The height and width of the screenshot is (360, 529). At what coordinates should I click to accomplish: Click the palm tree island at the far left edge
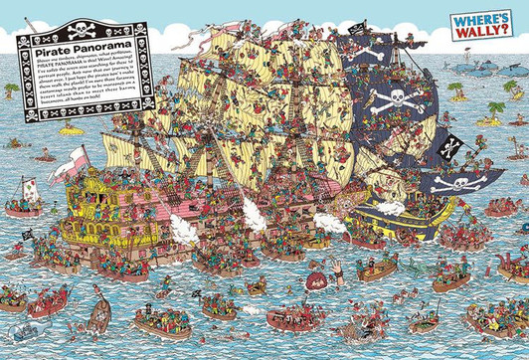coord(11,90)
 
